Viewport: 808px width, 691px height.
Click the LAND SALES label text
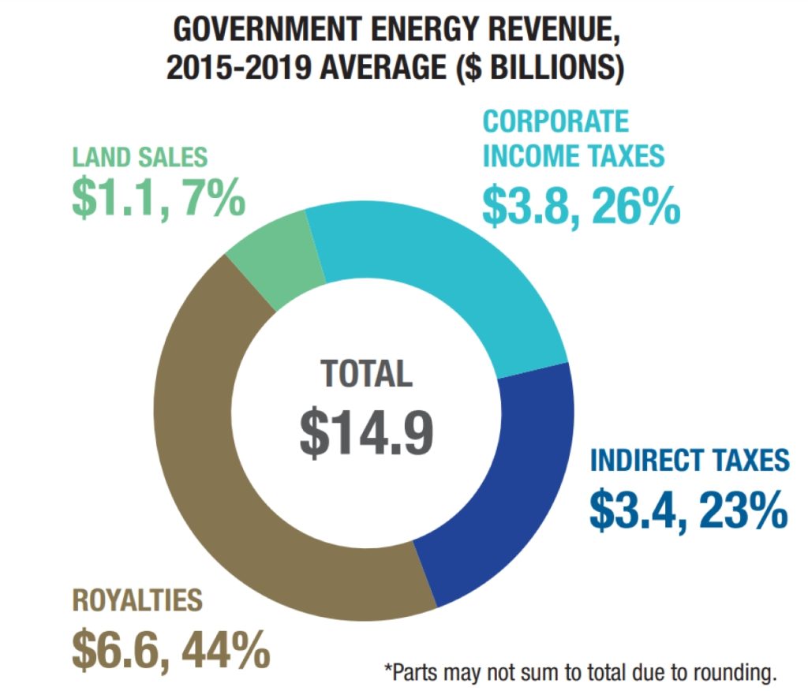click(140, 157)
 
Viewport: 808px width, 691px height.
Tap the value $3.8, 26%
click(581, 204)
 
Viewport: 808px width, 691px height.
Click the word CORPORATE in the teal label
click(556, 121)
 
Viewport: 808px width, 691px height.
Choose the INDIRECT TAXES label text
click(690, 460)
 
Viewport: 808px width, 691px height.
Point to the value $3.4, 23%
click(689, 509)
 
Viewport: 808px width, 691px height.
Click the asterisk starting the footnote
click(388, 669)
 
